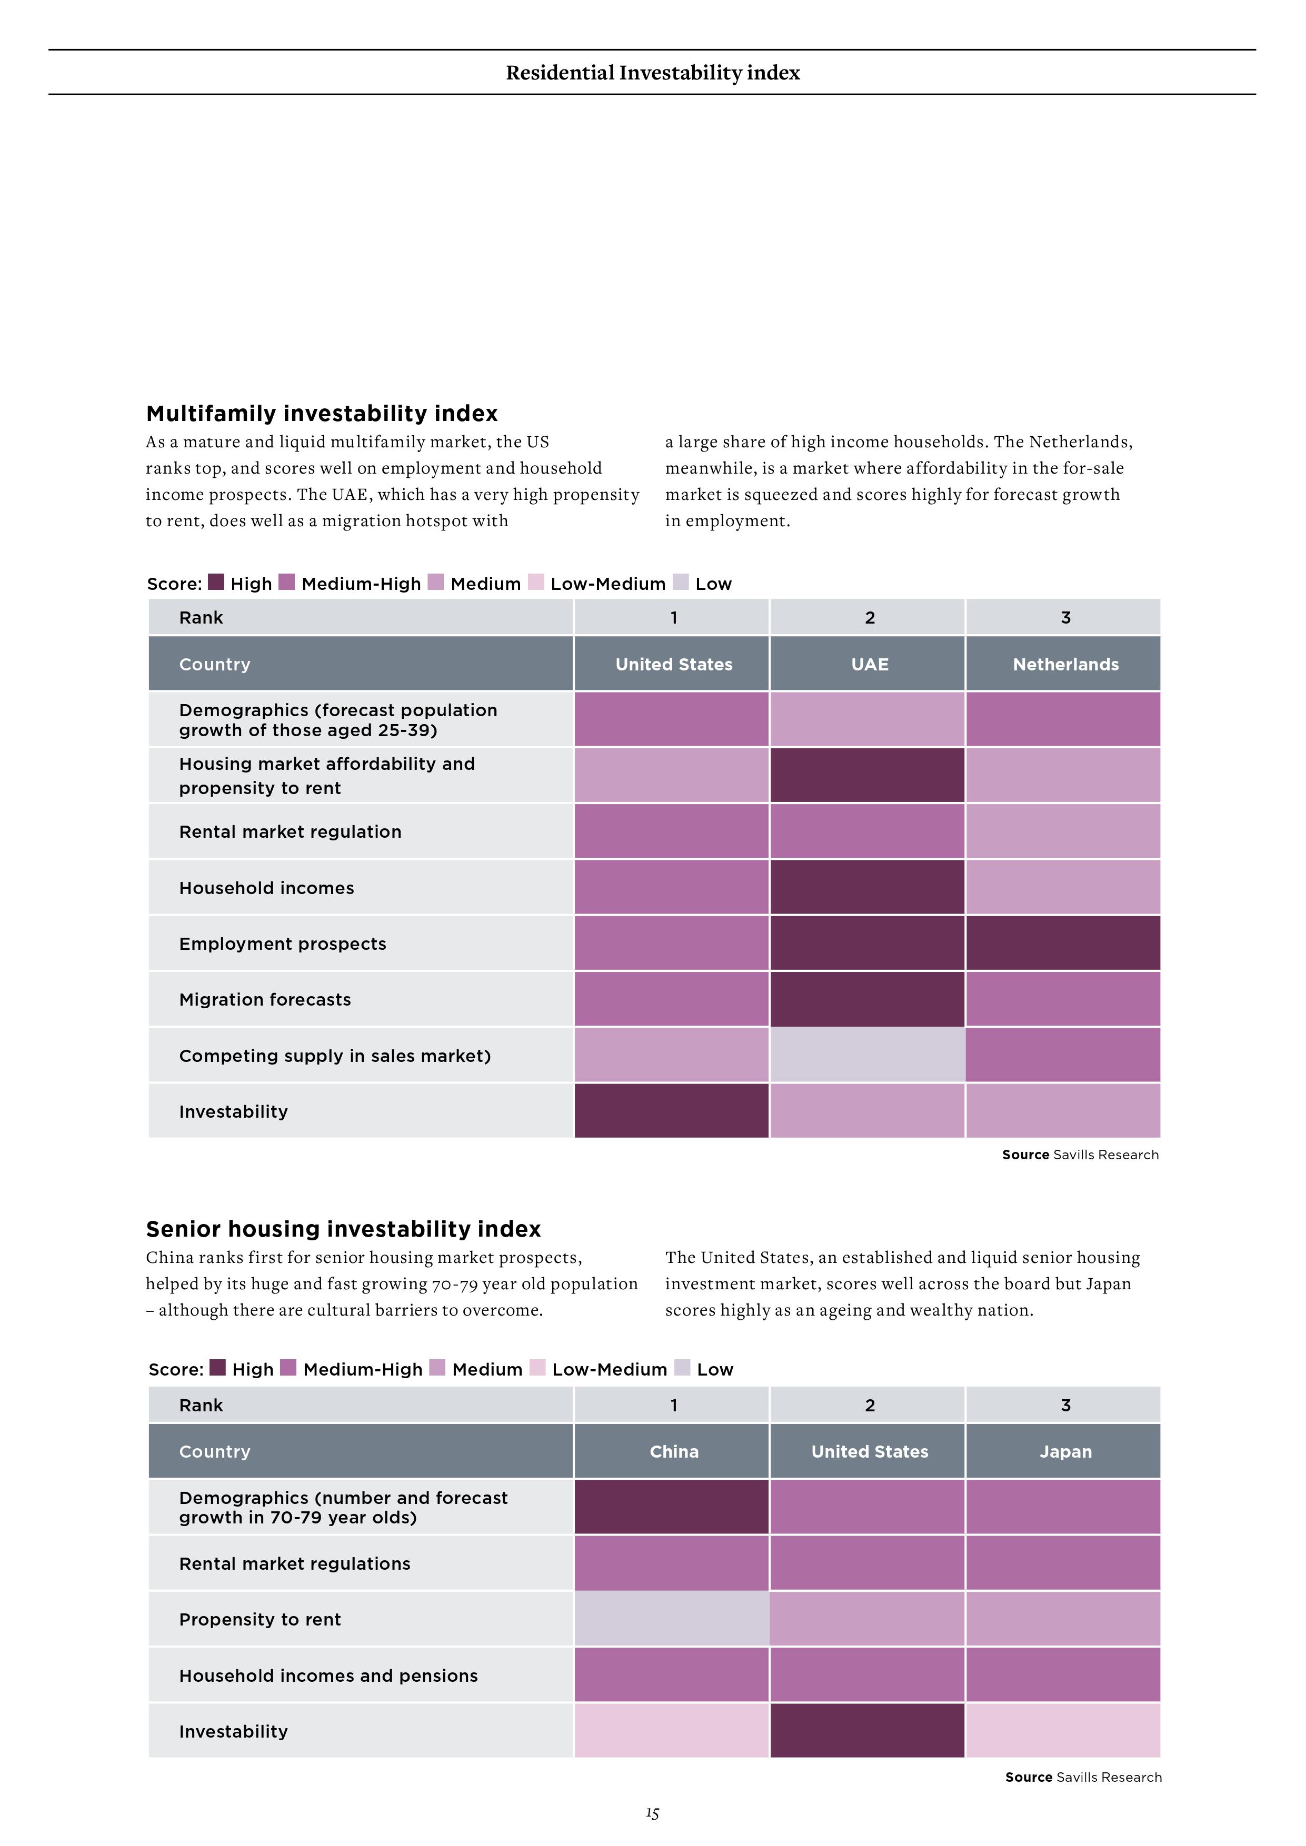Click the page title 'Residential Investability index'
(653, 73)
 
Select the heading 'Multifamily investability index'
(322, 413)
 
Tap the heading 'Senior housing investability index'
(343, 1229)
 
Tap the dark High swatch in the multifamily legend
(215, 582)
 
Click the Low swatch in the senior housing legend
(682, 1368)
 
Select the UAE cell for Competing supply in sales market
(867, 1055)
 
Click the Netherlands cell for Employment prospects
(1063, 943)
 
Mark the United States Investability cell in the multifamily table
(672, 1110)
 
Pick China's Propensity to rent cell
(672, 1619)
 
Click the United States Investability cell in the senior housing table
(867, 1730)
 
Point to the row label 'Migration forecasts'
(265, 999)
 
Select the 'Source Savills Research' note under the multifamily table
(1080, 1155)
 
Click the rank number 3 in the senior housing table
(1065, 1406)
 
